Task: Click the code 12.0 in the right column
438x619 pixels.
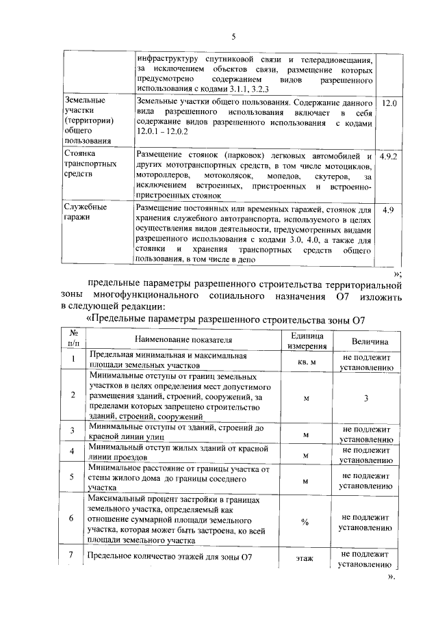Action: click(x=389, y=103)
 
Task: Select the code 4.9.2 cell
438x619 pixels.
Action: click(x=389, y=157)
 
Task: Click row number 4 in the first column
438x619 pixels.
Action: click(x=72, y=453)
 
